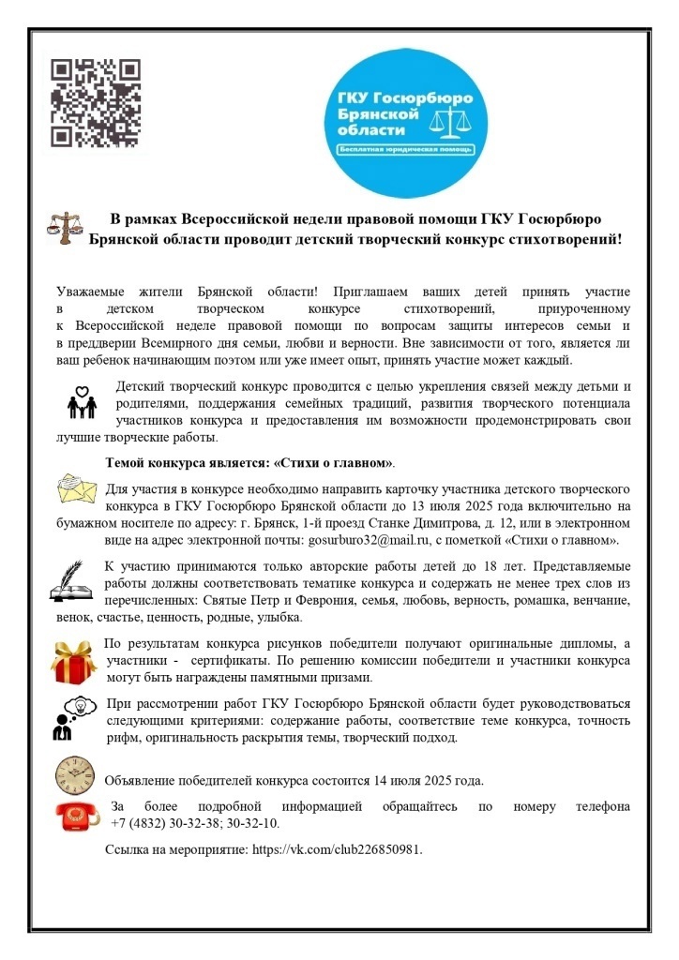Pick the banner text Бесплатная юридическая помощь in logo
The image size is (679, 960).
coord(406,150)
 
